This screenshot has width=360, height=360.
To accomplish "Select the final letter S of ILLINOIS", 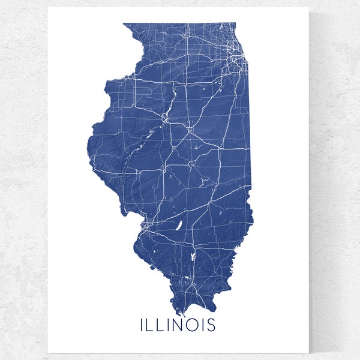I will coord(211,326).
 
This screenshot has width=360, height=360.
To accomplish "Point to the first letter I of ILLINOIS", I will coord(142,326).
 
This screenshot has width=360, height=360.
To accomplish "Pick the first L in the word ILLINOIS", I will coord(151,326).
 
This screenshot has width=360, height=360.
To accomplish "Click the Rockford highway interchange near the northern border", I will coord(187,38).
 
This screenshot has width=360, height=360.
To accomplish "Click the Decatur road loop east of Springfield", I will coord(192,163).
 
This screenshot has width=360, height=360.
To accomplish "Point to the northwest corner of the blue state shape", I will coord(123,24).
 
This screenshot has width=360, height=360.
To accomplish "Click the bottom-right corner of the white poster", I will coord(308,352).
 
